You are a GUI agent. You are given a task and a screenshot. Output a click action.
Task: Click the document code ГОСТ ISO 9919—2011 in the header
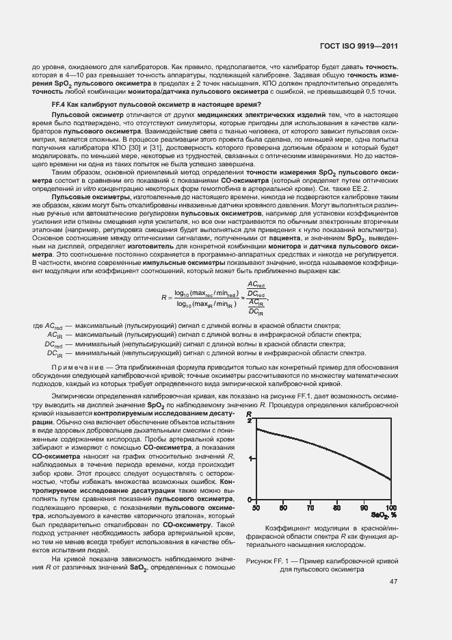click(360, 46)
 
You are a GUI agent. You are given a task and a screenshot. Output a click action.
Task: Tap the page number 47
click(393, 582)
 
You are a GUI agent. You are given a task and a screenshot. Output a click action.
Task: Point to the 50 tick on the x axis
click(256, 508)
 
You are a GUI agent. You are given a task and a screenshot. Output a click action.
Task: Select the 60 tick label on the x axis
click(282, 508)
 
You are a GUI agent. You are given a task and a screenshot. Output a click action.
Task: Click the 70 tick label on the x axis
click(310, 508)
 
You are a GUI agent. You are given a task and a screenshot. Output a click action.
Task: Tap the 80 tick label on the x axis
click(336, 508)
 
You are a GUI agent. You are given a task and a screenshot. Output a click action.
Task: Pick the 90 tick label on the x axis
click(364, 508)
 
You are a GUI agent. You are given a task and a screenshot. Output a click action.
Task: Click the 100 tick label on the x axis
click(390, 508)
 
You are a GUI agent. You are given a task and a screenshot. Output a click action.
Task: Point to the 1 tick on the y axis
click(250, 459)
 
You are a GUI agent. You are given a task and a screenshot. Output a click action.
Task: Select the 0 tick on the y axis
click(250, 500)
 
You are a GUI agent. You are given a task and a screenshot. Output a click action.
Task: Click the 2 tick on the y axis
click(250, 421)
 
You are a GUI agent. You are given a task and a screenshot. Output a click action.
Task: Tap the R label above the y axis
click(250, 413)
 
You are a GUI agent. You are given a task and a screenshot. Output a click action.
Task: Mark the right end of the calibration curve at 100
click(390, 480)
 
